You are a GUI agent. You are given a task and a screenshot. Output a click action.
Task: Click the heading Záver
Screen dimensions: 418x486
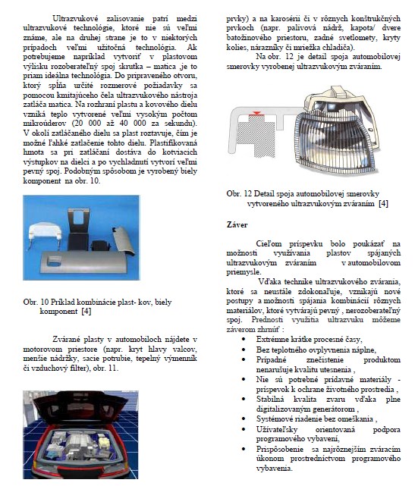tap(237, 224)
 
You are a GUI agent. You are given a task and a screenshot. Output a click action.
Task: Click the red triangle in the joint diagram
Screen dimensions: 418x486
tap(256, 113)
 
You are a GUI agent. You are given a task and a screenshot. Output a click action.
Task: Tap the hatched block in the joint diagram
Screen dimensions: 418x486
tap(256, 136)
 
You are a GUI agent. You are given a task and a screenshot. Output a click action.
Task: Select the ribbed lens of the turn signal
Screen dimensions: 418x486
tap(335, 141)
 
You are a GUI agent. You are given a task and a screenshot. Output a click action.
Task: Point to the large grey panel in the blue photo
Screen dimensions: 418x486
tap(83, 262)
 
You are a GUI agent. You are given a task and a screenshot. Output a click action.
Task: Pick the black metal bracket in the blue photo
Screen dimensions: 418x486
tap(78, 229)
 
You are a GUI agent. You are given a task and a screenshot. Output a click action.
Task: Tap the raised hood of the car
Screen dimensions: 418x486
tap(81, 406)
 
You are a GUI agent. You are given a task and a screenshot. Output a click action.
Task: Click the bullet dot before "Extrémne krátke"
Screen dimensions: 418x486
tap(244, 340)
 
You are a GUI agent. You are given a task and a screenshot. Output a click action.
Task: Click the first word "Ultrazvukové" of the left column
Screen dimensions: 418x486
tap(75, 19)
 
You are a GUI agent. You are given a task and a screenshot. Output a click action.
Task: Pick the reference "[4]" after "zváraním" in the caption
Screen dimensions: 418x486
tap(383, 204)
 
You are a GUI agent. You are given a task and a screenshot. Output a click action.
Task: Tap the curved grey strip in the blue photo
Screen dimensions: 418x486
tap(123, 240)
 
